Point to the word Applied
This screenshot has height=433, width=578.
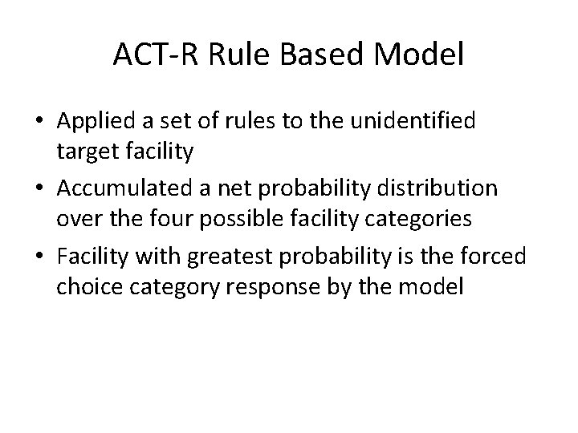pyautogui.click(x=92, y=122)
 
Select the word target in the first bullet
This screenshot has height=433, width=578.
pyautogui.click(x=83, y=149)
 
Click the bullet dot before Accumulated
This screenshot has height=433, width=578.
pyautogui.click(x=39, y=190)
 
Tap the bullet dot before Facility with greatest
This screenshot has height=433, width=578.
pyautogui.click(x=39, y=257)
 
